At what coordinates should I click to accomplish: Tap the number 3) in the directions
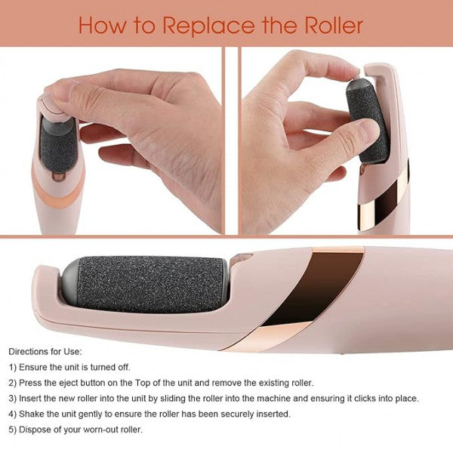click(x=13, y=398)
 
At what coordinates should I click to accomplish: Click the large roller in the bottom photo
click(x=151, y=285)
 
